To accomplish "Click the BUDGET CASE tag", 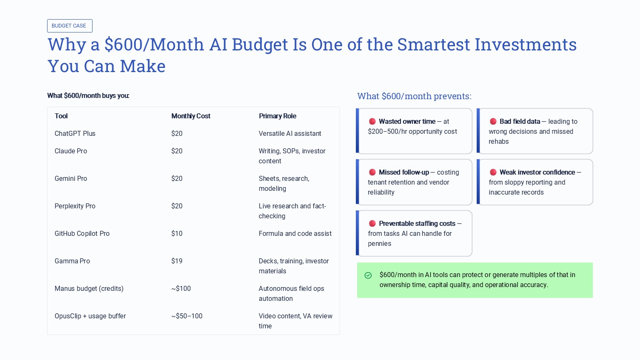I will pos(70,26).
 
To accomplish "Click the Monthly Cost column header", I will pos(191,116).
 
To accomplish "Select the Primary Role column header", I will pos(277,116).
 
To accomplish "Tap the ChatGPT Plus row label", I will pos(75,134).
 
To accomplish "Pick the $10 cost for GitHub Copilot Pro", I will pos(177,234).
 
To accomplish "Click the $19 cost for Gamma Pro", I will pos(177,261).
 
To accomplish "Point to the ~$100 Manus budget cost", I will pos(181,289).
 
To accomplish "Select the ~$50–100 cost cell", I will pos(187,316).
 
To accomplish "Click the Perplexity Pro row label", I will pos(75,206).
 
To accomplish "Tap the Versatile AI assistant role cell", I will pos(290,134).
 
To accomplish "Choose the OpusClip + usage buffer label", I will pos(90,316).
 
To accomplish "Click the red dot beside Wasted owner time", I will pos(372,122).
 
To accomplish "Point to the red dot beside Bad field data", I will pos(493,122).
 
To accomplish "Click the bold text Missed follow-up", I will pos(404,172).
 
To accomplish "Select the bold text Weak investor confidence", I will pos(537,172).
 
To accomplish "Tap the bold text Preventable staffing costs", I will pos(417,224).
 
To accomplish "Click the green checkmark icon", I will pos(368,275).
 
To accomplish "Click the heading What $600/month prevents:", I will pos(414,96).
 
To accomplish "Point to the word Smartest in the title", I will pos(433,45).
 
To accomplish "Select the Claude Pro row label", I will pos(71,151).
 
